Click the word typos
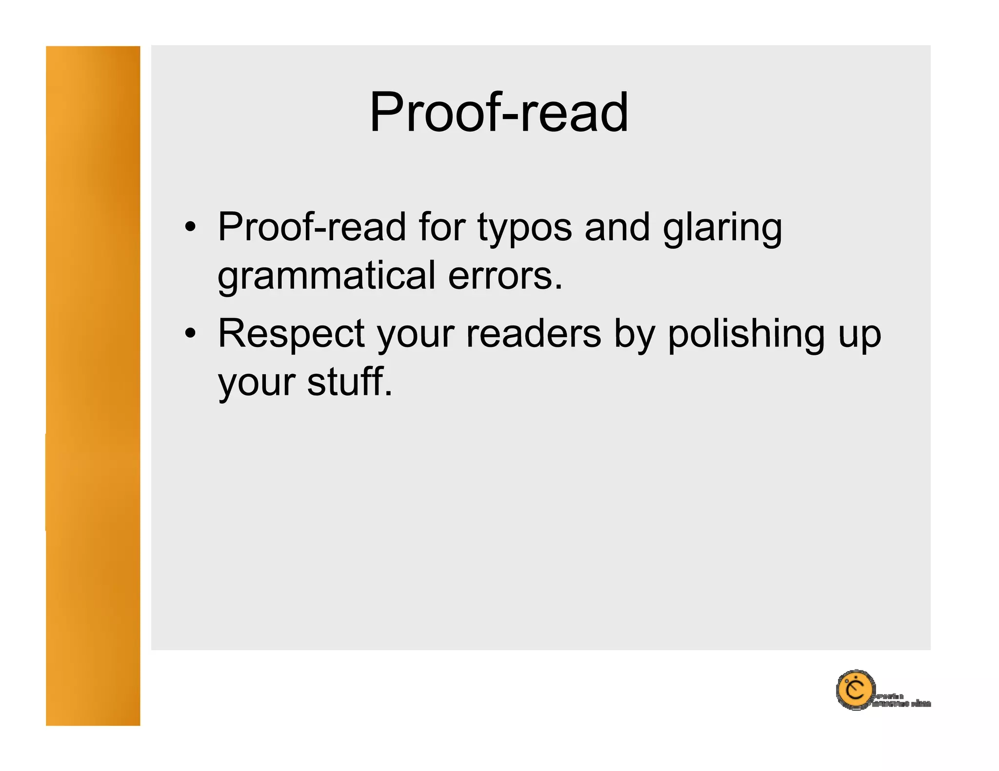(x=524, y=228)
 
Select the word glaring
(x=722, y=228)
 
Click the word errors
(x=505, y=276)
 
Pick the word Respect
(x=291, y=334)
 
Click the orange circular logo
(x=855, y=690)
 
